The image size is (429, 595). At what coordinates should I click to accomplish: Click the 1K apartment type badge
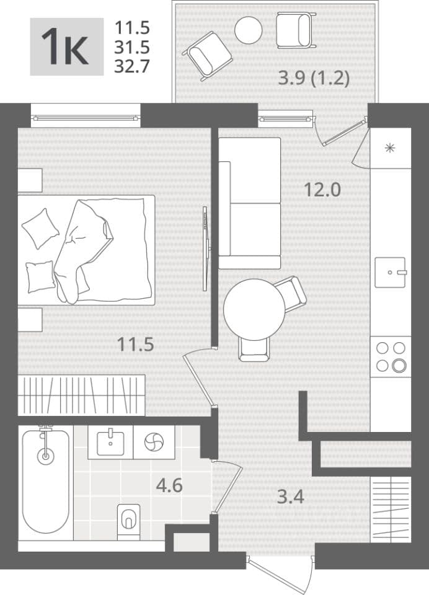[x=67, y=46]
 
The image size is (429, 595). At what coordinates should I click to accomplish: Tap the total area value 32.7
[x=132, y=66]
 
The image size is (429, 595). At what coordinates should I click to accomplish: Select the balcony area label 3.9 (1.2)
[x=314, y=79]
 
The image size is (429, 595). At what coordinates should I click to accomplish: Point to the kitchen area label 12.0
[x=323, y=189]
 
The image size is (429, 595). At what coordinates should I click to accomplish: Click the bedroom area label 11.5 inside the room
[x=136, y=344]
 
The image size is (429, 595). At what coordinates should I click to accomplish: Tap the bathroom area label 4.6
[x=169, y=486]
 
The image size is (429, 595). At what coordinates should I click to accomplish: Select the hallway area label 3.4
[x=290, y=496]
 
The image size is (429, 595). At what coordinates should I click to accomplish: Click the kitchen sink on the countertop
[x=391, y=273]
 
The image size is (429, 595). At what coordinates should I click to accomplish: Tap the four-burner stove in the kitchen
[x=391, y=357]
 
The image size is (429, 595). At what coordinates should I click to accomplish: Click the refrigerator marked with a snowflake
[x=391, y=148]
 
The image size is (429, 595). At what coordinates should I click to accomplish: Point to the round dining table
[x=254, y=310]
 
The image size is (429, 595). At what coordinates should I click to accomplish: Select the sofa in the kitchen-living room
[x=249, y=203]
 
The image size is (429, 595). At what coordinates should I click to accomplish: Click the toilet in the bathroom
[x=128, y=522]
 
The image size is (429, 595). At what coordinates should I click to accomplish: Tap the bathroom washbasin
[x=110, y=442]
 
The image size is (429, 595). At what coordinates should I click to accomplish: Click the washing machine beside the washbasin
[x=154, y=442]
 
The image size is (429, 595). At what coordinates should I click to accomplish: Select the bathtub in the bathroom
[x=45, y=483]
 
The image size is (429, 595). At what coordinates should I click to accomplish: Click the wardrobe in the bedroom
[x=81, y=395]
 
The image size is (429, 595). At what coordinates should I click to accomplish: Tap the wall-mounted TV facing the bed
[x=206, y=249]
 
